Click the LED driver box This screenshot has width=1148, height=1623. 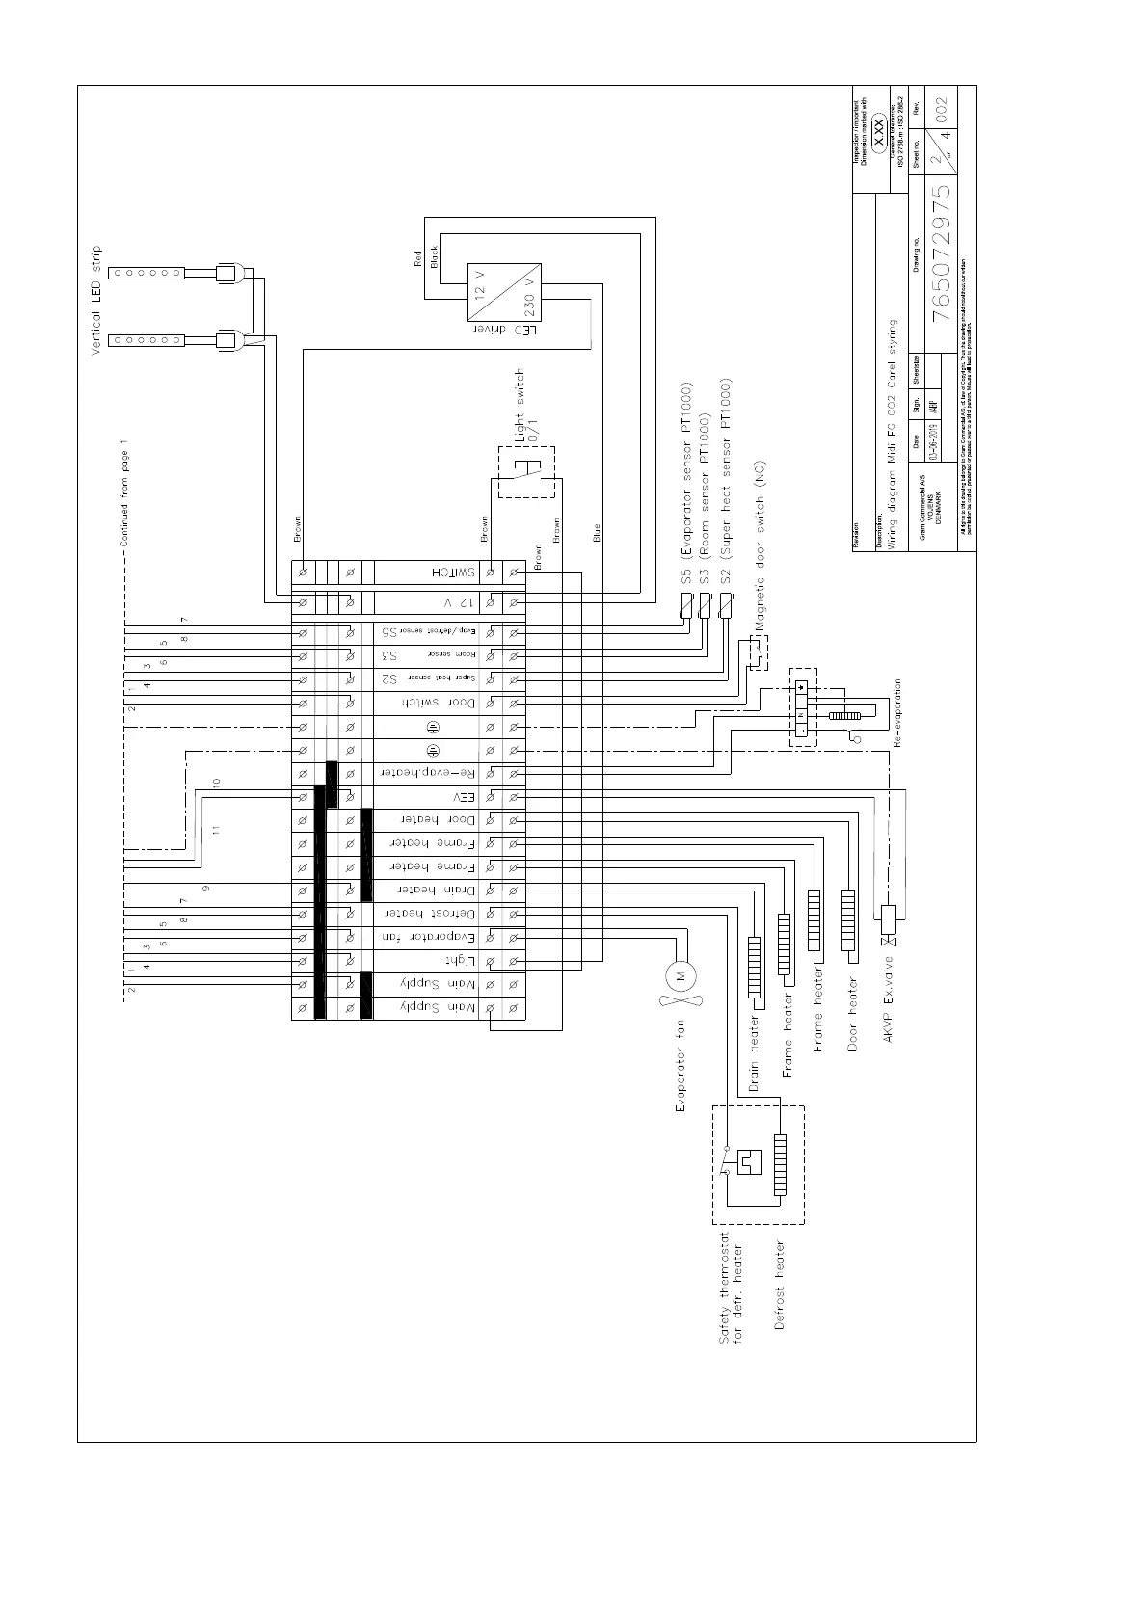(x=503, y=292)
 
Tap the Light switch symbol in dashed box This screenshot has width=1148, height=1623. (x=526, y=472)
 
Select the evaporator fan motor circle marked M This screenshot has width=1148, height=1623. (x=681, y=976)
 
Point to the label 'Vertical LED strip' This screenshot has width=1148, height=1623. (x=96, y=301)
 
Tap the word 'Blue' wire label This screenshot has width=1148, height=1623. (x=597, y=531)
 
